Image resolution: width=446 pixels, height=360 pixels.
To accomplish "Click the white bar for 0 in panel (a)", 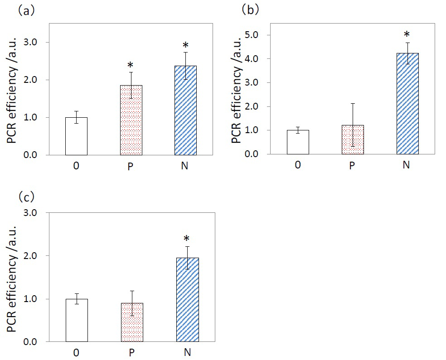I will click(76, 136).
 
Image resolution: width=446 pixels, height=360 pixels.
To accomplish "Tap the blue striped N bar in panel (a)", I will click(185, 110).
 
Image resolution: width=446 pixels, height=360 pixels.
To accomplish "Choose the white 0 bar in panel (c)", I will click(77, 320).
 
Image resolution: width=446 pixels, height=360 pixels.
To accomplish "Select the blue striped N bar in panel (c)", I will click(187, 300).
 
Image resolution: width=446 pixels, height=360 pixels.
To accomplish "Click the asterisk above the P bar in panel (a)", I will click(131, 65).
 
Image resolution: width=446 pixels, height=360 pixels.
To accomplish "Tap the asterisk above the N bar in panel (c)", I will click(187, 239).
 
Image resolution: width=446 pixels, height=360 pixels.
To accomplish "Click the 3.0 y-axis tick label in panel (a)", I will click(41, 43).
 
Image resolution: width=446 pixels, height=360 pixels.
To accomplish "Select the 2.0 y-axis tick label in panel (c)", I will click(41, 256).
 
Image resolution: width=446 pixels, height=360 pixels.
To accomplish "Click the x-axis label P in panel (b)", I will click(352, 165).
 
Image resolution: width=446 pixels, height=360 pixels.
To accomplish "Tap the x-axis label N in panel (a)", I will click(185, 166).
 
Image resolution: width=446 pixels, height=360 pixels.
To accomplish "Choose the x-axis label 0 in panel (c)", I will click(77, 352).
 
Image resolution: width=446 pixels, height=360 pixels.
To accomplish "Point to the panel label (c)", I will click(26, 197).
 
